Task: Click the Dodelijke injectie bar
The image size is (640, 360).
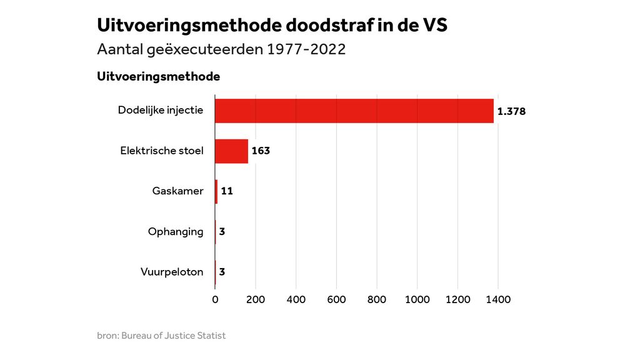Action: click(354, 111)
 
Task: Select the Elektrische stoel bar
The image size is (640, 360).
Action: click(231, 151)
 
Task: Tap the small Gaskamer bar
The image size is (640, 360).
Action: click(216, 191)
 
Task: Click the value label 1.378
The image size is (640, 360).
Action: click(511, 112)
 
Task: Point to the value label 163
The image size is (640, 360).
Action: click(261, 151)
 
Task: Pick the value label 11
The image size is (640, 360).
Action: click(227, 191)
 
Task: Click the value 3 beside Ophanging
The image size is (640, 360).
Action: click(222, 232)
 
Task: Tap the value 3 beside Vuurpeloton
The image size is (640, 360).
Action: click(222, 272)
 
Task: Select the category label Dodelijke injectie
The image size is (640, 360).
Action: click(161, 111)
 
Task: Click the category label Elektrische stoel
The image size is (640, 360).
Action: click(162, 151)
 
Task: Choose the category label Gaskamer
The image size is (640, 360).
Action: click(177, 191)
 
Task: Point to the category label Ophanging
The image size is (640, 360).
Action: click(176, 232)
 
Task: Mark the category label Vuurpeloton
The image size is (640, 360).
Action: click(172, 272)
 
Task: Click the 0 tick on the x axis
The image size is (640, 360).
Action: click(215, 299)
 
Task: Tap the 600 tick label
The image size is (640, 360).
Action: click(336, 299)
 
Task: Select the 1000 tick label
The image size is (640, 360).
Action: click(417, 299)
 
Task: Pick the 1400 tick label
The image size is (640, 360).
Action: click(498, 299)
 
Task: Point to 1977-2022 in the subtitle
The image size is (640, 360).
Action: click(306, 49)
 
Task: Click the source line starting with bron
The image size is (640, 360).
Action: click(161, 336)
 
